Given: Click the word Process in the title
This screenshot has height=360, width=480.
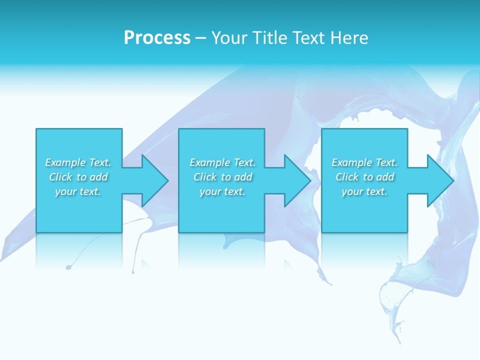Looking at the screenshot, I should [x=157, y=38].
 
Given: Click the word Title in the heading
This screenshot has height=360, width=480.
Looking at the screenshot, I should [x=268, y=38].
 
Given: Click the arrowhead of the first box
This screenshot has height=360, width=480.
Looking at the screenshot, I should [x=154, y=180].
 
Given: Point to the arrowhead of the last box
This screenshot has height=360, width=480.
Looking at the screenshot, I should [x=439, y=180].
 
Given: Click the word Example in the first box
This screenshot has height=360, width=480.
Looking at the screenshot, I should [x=65, y=162].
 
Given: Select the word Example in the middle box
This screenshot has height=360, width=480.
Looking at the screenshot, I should [x=210, y=162].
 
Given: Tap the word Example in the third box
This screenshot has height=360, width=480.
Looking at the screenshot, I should [x=352, y=162].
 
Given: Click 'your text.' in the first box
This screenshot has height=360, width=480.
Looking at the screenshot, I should [x=78, y=191].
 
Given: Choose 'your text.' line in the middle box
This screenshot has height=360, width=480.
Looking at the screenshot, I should [x=222, y=191].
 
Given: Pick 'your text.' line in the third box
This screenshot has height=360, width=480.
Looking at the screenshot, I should [x=364, y=191].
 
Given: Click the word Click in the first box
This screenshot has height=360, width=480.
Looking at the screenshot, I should [x=60, y=177].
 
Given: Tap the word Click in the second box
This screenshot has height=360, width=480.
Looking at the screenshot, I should [x=204, y=177].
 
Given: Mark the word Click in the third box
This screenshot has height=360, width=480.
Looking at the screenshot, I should [x=346, y=177].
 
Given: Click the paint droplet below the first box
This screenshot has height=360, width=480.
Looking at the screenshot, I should [x=68, y=267].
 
